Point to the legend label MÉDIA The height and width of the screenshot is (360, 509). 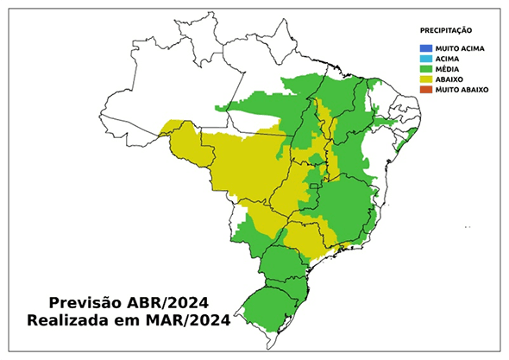(x=446, y=69)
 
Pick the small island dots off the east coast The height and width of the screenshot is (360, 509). (x=467, y=227)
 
